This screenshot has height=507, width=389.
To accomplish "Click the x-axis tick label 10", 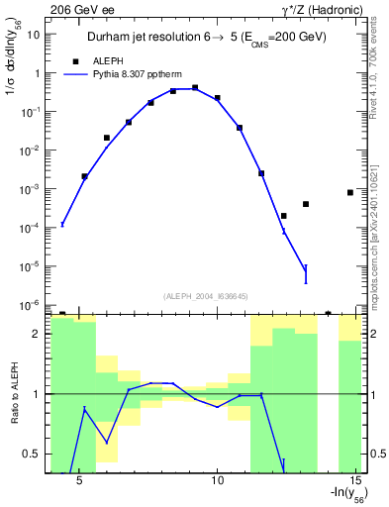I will point(219,481).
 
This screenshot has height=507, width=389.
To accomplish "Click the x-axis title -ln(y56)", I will point(344,495).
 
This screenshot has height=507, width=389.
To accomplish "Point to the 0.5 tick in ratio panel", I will point(31,454).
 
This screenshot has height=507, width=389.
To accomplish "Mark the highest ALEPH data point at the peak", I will point(195,88).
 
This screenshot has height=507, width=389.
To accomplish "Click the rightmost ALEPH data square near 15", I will point(350,192).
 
